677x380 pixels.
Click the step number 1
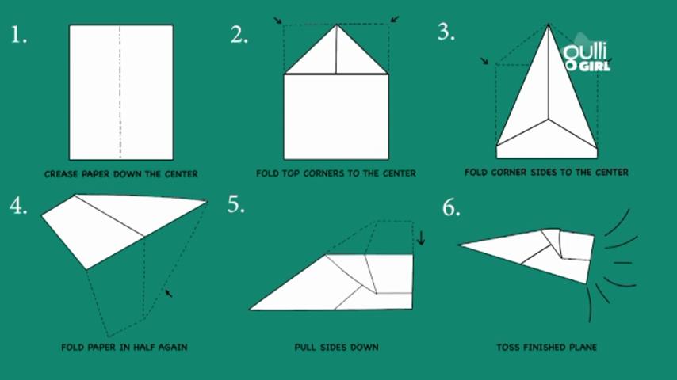click(x=18, y=35)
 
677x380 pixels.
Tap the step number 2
click(x=239, y=35)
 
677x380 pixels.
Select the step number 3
click(x=446, y=32)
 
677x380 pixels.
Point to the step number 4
click(x=18, y=205)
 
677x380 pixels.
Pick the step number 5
click(x=235, y=204)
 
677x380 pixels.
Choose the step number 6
click(x=451, y=207)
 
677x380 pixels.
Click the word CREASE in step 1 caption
click(x=61, y=174)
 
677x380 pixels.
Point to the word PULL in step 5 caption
click(x=305, y=348)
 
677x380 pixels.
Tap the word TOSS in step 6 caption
click(x=507, y=348)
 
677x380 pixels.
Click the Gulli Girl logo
click(x=587, y=54)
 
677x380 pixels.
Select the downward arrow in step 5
click(x=421, y=237)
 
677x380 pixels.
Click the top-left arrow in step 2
click(x=277, y=21)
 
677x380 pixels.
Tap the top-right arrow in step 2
click(x=395, y=20)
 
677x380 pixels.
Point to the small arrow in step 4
click(x=169, y=293)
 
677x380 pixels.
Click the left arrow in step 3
click(x=485, y=61)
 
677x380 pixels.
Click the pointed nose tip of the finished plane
click(x=458, y=245)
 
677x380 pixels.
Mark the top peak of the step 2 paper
click(x=337, y=25)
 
